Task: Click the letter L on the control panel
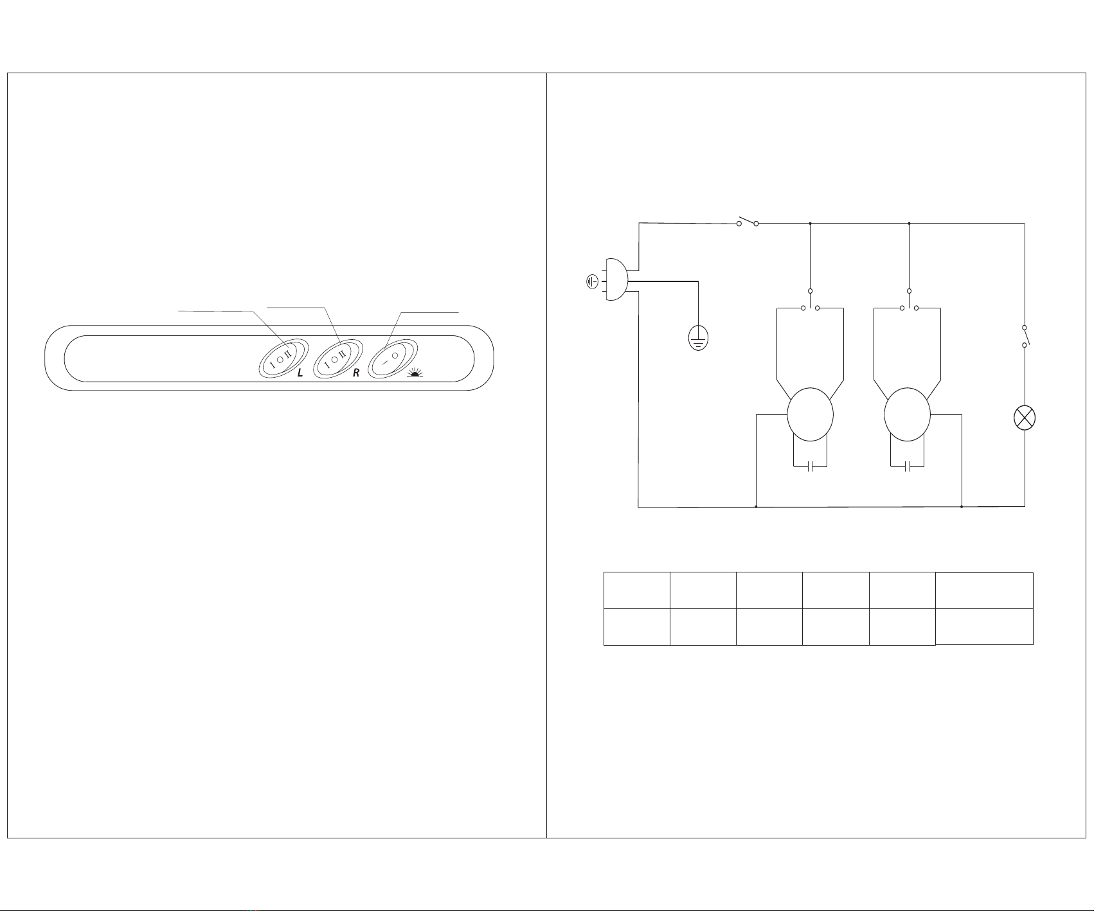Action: pos(300,373)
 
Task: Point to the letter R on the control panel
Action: pos(356,373)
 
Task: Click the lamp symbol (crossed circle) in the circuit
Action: pos(1024,418)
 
